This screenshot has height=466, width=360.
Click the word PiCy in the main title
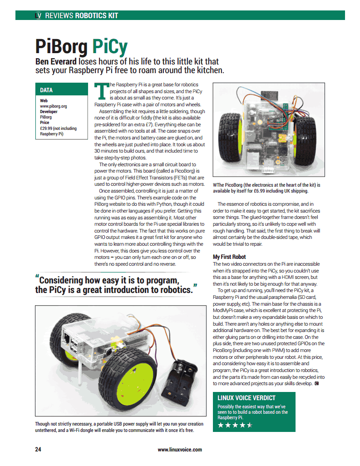pos(109,46)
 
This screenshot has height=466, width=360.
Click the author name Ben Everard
pos(56,61)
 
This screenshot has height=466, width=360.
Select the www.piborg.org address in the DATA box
pos(54,106)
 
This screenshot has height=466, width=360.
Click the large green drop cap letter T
pos(101,91)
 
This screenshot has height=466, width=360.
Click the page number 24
pos(38,450)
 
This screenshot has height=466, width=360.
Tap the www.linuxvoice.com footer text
pos(180,450)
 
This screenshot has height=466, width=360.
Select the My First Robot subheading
pos(229,257)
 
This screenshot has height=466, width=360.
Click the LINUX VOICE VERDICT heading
pos(247,398)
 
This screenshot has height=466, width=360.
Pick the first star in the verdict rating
pos(221,425)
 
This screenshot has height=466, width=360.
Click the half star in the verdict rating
pos(249,425)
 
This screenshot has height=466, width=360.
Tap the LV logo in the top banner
pos(38,15)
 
